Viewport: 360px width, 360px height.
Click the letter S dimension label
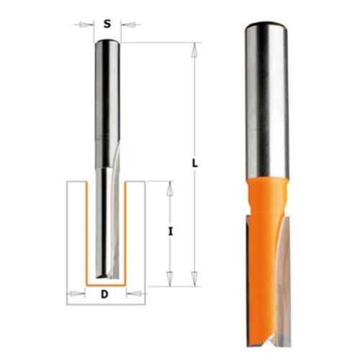click(107, 24)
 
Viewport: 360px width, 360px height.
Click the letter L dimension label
click(195, 163)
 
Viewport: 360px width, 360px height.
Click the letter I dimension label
click(170, 232)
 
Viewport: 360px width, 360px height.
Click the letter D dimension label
click(104, 294)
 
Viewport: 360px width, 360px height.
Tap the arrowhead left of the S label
click(86, 24)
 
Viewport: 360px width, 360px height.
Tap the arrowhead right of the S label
click(127, 24)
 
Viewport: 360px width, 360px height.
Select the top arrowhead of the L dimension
click(195, 50)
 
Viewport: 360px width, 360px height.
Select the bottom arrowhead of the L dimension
click(195, 279)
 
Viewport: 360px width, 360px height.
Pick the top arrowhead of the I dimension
click(170, 189)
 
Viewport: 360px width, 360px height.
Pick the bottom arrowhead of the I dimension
click(170, 279)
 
